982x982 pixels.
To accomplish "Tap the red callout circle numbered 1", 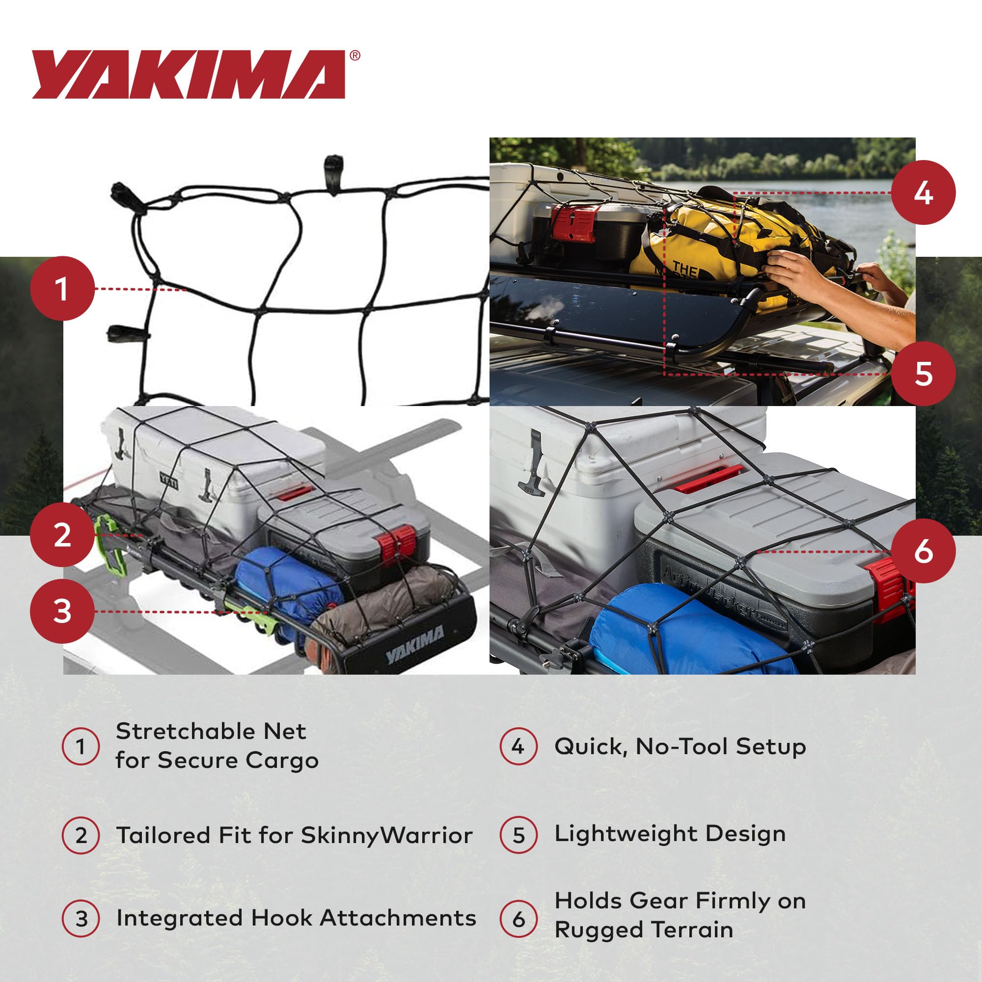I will (x=62, y=289).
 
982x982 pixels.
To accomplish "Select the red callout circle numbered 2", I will (x=62, y=535).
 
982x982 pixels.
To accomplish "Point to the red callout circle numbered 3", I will (x=62, y=611).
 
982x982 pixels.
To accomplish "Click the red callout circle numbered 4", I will (x=923, y=192).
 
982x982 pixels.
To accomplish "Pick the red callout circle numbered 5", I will (x=923, y=374).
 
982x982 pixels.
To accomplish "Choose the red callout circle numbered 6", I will (x=923, y=551).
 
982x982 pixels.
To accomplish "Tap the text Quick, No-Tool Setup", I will (x=680, y=747).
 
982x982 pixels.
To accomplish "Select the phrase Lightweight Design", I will (x=670, y=834).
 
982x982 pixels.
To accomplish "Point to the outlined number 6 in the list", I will (x=518, y=919).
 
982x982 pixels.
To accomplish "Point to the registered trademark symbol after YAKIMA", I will (x=355, y=55).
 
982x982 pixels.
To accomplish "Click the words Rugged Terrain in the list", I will (x=644, y=929).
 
